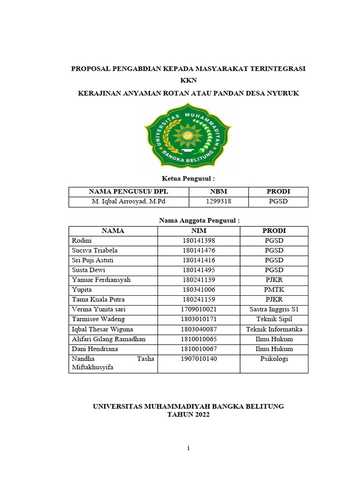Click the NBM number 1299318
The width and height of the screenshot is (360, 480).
tap(218, 202)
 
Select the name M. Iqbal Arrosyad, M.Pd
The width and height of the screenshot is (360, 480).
tap(129, 202)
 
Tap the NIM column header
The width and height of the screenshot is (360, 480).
tap(199, 231)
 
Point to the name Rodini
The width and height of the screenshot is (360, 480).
tap(82, 240)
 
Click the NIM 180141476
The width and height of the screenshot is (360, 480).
tap(199, 250)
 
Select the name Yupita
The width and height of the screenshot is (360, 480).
tap(82, 290)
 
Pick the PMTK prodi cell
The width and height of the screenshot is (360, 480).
tap(274, 290)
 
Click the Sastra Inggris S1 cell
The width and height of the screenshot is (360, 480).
tap(274, 309)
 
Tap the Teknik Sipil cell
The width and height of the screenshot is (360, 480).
tap(274, 319)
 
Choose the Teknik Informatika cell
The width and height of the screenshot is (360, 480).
tap(274, 329)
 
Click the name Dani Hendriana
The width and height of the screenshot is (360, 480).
tap(95, 349)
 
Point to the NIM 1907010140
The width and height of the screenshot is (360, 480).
tap(199, 359)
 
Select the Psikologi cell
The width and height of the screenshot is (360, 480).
tap(274, 359)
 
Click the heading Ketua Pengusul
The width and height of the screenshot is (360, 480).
tap(188, 179)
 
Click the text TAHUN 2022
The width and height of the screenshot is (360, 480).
tap(188, 415)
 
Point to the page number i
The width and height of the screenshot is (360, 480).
tap(188, 448)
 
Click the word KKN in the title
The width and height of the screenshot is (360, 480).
tap(188, 81)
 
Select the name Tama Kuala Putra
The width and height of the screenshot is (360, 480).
tap(98, 300)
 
